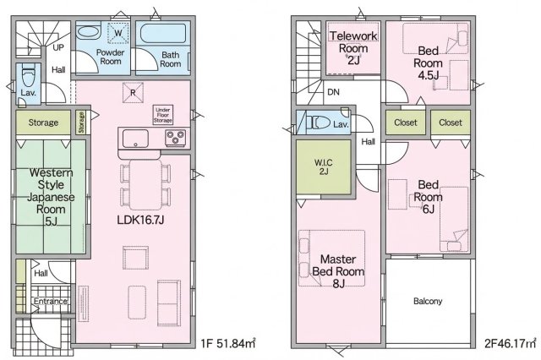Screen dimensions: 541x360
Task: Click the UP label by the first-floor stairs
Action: (58, 47)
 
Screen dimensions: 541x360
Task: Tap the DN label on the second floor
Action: (333, 92)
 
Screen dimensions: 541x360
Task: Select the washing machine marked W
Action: (118, 33)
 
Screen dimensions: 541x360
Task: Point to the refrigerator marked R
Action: (133, 92)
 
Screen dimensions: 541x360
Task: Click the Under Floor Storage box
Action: (163, 115)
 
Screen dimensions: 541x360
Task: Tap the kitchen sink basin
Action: (135, 139)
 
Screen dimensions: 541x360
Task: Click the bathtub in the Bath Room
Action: (163, 34)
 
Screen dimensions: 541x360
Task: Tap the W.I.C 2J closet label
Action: (323, 166)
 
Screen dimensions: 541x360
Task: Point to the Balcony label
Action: (428, 302)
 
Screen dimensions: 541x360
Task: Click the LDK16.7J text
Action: (140, 220)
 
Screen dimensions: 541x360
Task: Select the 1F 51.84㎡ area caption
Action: (228, 343)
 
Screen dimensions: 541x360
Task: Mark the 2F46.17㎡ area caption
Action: (511, 343)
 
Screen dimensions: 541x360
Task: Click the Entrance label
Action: (51, 301)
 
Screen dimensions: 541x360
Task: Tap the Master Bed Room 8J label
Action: (338, 271)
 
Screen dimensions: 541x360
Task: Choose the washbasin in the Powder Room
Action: (89, 32)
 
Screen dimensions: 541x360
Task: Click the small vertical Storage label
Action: (81, 123)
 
